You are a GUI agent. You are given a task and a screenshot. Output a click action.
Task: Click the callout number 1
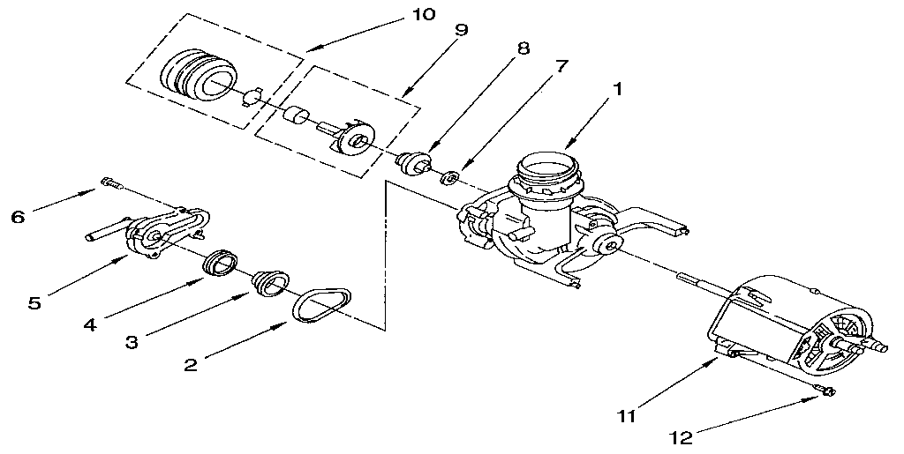[x=619, y=88]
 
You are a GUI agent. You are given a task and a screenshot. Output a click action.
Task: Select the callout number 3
[x=131, y=342]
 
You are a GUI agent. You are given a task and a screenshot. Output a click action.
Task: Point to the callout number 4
[x=89, y=324]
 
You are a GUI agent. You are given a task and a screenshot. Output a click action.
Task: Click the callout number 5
[x=34, y=302]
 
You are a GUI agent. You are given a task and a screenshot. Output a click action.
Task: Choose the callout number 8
[x=524, y=48]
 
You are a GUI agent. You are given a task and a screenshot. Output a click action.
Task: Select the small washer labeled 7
[x=448, y=179]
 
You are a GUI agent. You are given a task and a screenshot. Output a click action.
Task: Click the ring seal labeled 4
[x=220, y=262]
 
